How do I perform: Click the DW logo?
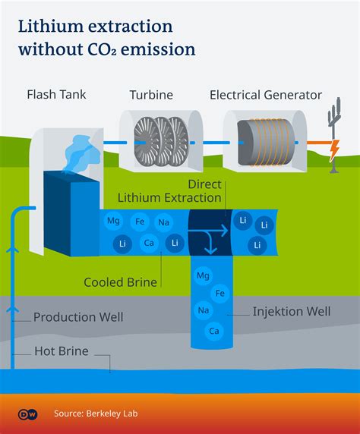(x=27, y=414)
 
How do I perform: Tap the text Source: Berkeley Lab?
(x=96, y=414)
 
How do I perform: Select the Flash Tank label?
(x=56, y=95)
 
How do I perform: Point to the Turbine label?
(x=151, y=95)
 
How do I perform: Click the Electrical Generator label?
(x=266, y=95)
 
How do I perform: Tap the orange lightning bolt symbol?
(x=334, y=151)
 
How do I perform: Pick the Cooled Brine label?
(x=120, y=282)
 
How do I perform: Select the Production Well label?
(x=78, y=317)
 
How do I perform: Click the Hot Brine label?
(x=62, y=351)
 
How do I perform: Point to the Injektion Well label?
(x=292, y=312)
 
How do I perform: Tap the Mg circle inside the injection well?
(x=203, y=275)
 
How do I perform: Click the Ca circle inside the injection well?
(x=214, y=331)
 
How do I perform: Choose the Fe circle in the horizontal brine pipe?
(x=140, y=222)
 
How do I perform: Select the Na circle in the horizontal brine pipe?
(x=163, y=222)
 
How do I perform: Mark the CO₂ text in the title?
(x=102, y=49)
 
